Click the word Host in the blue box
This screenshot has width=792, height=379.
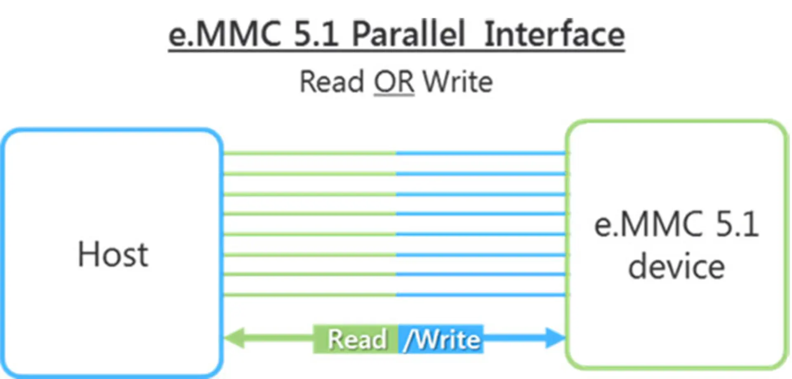[113, 254]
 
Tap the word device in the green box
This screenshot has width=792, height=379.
[676, 267]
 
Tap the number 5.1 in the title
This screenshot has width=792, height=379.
[316, 34]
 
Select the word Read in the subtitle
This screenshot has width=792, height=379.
[331, 82]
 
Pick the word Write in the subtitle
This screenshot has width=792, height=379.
[458, 82]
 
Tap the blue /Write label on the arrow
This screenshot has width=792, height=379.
[441, 339]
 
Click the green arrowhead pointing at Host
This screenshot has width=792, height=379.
[234, 338]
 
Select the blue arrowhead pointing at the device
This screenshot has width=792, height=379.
[555, 338]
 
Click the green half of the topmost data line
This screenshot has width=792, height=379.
[310, 153]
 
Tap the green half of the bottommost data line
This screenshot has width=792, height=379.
[310, 295]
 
